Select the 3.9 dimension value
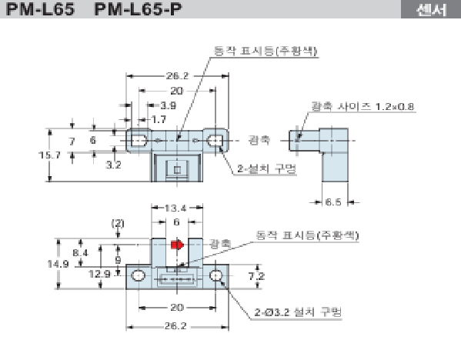click(167, 105)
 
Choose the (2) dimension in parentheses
click(117, 223)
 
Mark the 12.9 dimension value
click(99, 273)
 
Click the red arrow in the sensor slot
click(177, 245)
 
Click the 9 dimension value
click(117, 259)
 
